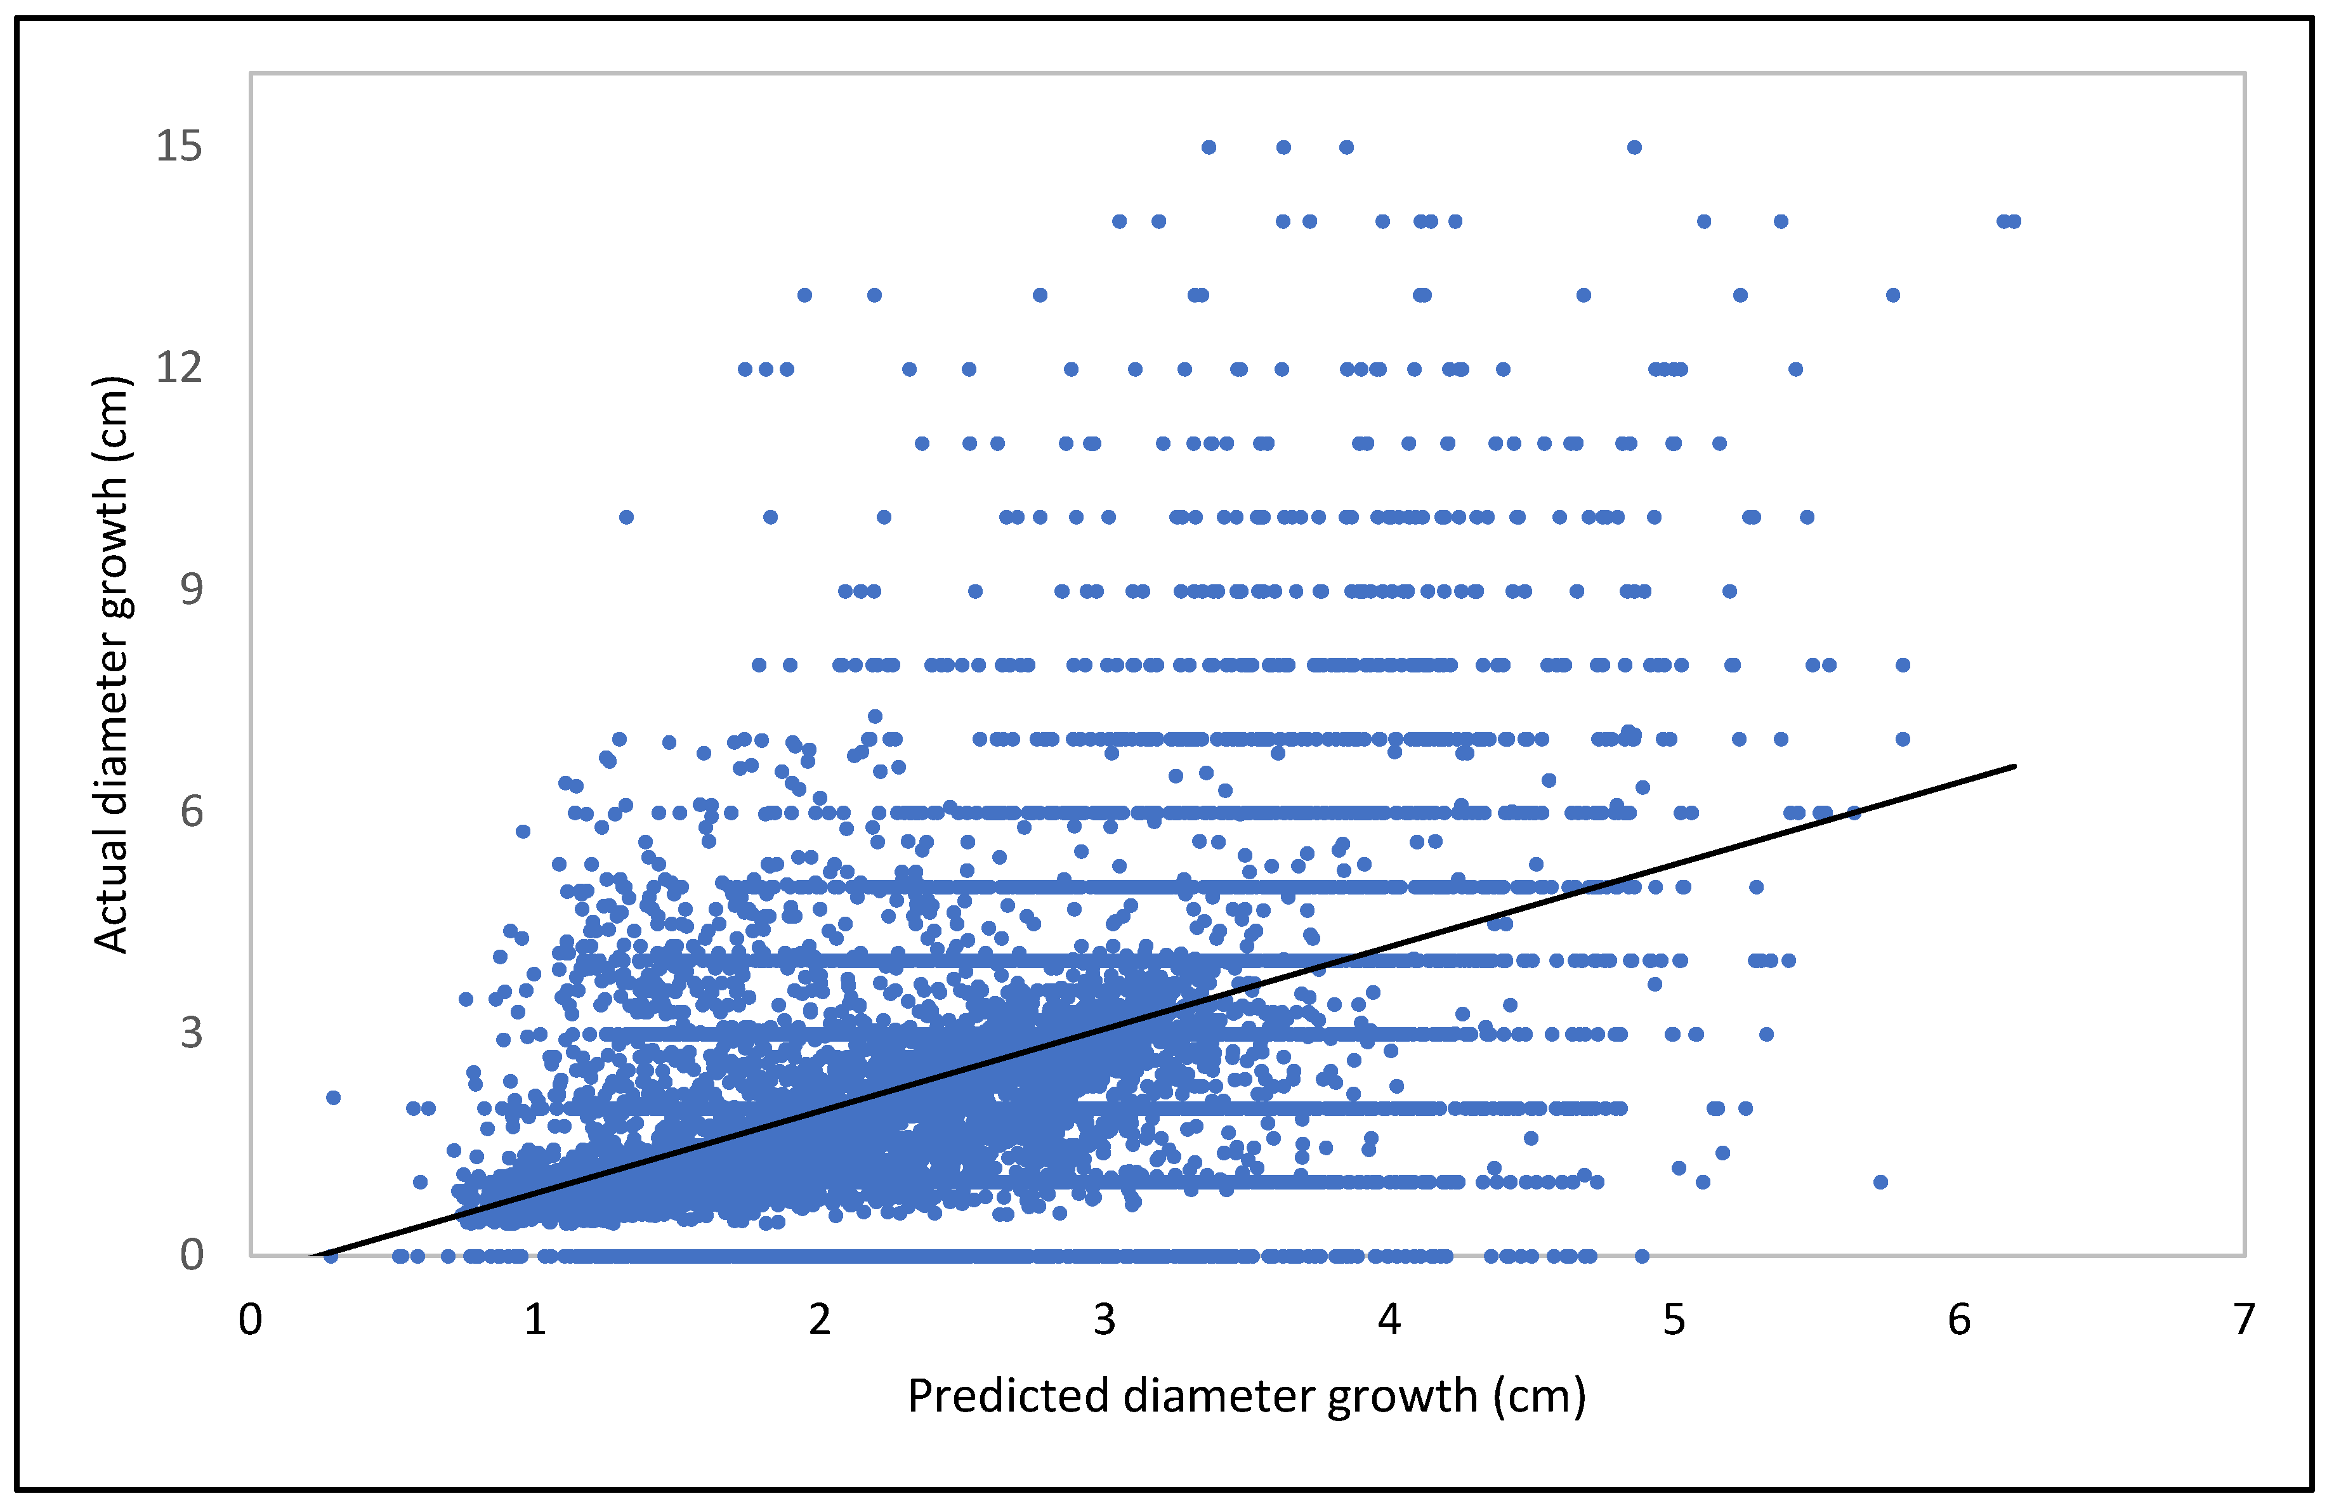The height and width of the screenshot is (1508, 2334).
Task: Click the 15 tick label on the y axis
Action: click(179, 147)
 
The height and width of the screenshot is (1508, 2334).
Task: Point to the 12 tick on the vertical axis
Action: click(179, 368)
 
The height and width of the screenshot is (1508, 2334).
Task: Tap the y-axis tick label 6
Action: click(192, 812)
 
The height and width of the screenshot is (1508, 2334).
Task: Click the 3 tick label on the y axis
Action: click(192, 1033)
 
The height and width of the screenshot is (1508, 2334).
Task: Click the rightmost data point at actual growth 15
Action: click(1634, 148)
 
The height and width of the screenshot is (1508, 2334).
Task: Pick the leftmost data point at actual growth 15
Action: click(1209, 148)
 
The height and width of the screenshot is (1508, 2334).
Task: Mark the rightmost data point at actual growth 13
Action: click(1894, 296)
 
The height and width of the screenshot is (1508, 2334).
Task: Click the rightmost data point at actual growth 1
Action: click(1880, 1182)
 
